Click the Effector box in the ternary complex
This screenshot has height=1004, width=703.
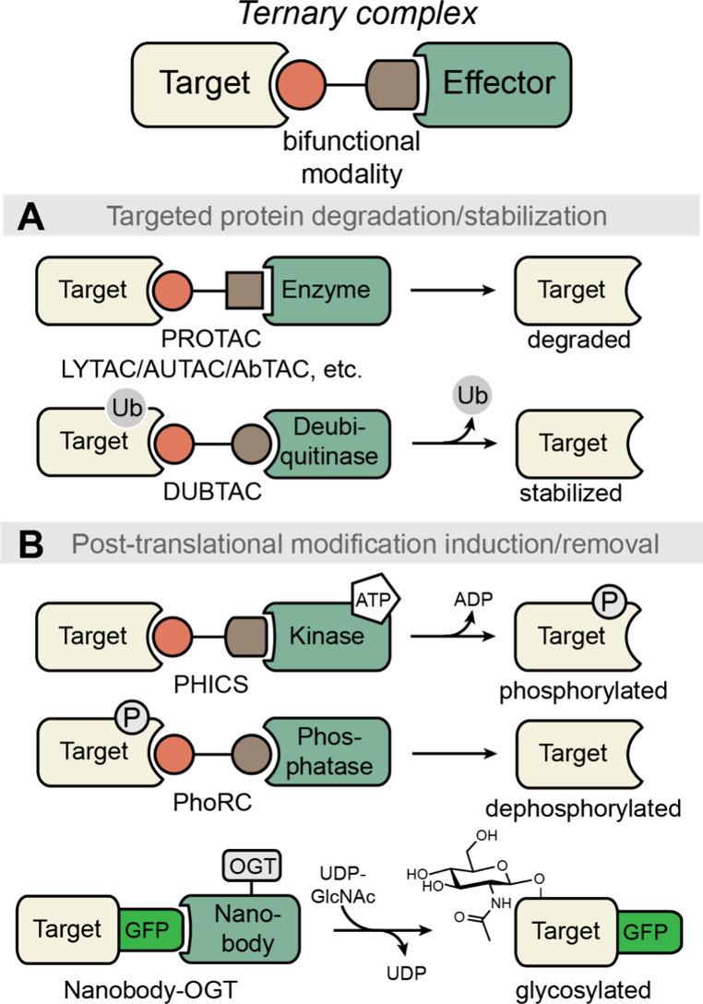pos(498,83)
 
